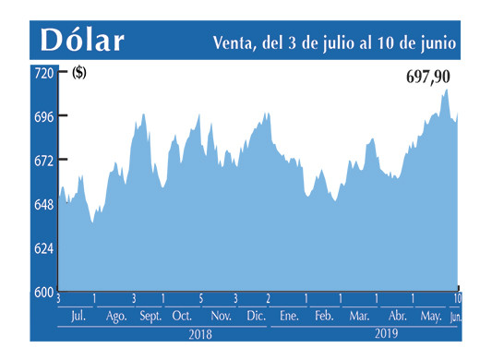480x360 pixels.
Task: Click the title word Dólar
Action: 81,41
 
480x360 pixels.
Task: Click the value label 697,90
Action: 432,78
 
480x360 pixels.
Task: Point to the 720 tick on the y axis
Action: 43,72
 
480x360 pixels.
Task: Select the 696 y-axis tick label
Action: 43,116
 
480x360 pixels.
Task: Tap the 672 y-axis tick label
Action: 43,161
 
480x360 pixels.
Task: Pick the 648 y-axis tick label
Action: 43,204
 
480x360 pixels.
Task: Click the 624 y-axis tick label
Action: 43,248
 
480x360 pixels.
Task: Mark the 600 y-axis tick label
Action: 43,292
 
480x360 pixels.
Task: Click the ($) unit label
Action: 79,74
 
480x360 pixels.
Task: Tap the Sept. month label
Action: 150,317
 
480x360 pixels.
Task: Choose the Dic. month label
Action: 256,317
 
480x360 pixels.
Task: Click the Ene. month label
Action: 289,317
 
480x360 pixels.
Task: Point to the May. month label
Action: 430,317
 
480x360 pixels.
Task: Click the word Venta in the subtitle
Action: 232,42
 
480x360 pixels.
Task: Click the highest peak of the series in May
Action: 447,90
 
